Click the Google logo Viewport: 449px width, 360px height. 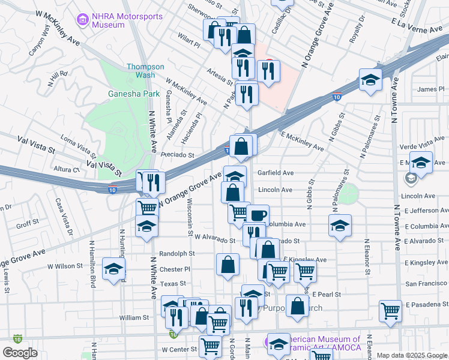click(x=20, y=353)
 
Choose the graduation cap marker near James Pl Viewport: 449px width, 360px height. click(x=371, y=80)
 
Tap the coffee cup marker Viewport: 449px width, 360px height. click(x=258, y=215)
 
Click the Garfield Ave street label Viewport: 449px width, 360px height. click(x=276, y=173)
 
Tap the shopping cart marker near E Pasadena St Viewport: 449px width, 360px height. click(x=390, y=311)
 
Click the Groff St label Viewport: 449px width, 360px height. click(x=28, y=224)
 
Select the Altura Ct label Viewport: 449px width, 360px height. click(x=68, y=170)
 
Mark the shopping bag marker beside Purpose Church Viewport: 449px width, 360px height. click(x=297, y=306)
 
